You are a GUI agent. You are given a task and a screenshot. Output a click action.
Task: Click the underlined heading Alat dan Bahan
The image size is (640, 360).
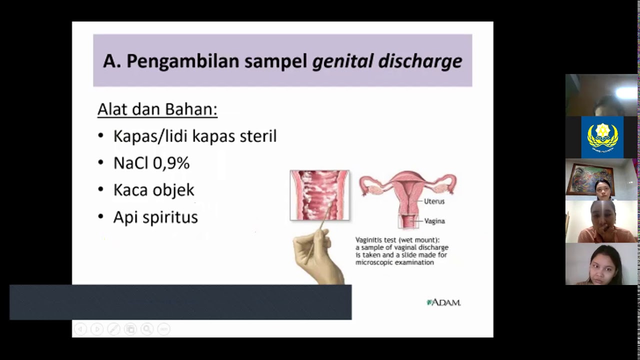157,109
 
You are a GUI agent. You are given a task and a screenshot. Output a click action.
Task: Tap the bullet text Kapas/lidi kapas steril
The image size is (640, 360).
194,136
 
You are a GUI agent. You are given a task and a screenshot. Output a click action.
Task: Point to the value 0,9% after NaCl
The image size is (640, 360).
172,163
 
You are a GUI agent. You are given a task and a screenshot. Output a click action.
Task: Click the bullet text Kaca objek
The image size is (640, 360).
153,190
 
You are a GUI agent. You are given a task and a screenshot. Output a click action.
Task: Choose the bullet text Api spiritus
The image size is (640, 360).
155,217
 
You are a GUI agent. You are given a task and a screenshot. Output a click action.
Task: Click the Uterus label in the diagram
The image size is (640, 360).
434,201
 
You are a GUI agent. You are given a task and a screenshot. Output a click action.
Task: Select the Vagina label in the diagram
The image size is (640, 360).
434,221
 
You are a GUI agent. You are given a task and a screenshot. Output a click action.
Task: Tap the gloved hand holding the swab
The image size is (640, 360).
317,255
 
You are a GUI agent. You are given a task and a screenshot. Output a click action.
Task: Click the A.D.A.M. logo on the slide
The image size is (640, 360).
443,302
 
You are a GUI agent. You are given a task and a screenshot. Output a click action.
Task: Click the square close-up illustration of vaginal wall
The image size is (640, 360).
319,195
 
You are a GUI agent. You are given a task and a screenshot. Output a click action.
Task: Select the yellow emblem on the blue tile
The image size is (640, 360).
602,136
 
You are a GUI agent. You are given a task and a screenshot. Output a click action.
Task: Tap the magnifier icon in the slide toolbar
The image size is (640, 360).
147,329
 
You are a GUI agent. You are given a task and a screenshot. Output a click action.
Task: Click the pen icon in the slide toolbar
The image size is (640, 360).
114,329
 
